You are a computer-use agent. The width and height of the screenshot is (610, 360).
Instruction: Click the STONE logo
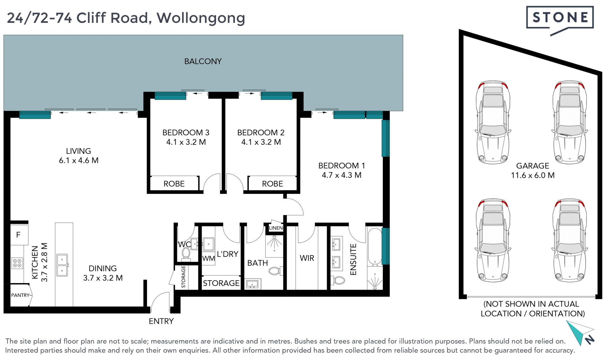coord(560,19)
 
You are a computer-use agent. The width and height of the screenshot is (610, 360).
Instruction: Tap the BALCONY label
coord(203,61)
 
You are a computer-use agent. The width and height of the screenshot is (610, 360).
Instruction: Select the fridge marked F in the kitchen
coord(19,235)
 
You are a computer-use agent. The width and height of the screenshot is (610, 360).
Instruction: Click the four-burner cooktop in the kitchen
coord(17,263)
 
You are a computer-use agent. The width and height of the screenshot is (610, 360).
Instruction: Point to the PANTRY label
coord(20,295)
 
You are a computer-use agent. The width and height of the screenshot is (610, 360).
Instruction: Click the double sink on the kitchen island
coord(62,265)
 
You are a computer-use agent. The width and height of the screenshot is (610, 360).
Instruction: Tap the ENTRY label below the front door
coord(161,321)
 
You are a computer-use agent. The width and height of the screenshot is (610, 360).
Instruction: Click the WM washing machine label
coord(208,259)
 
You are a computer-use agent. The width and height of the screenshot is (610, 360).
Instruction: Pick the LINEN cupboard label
coord(275,228)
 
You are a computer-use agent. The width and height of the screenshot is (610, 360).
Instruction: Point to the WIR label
coord(307,258)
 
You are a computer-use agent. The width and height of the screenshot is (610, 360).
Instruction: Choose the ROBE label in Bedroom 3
coord(174,184)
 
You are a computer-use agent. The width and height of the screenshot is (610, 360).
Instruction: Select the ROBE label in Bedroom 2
coord(272,184)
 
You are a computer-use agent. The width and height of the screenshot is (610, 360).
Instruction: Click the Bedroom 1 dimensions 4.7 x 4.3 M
coord(342,175)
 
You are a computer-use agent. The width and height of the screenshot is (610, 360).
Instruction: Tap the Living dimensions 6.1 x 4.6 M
coord(78,160)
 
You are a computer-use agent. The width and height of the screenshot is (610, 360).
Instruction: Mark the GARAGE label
coord(532,166)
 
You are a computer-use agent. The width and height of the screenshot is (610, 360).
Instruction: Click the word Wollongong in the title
coord(201,18)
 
